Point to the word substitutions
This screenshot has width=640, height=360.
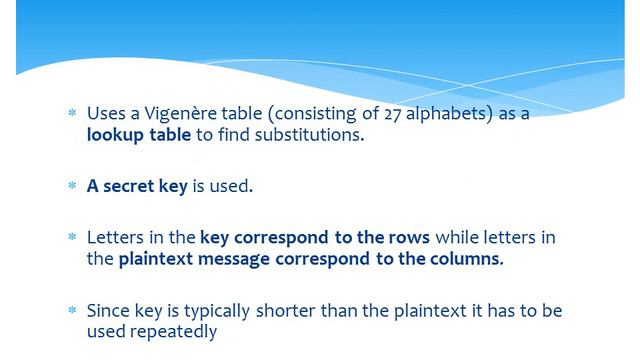[306, 134]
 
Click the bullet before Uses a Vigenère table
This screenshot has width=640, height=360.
[71, 115]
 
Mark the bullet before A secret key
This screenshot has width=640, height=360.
[71, 187]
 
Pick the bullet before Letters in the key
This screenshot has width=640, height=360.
[71, 239]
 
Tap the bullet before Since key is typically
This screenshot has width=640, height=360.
[71, 311]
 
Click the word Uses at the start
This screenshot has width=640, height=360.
[106, 114]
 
